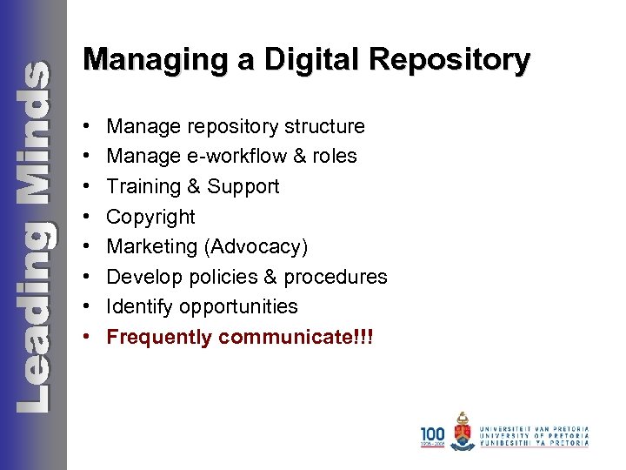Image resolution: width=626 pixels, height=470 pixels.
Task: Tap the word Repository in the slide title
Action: [x=449, y=60]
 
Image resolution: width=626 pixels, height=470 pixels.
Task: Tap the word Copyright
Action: [x=150, y=217]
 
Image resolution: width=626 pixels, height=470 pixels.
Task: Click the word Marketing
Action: [x=152, y=247]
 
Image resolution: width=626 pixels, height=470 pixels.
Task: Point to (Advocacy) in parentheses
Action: [x=256, y=247]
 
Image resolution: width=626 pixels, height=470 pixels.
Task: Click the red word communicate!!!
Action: [x=296, y=337]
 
